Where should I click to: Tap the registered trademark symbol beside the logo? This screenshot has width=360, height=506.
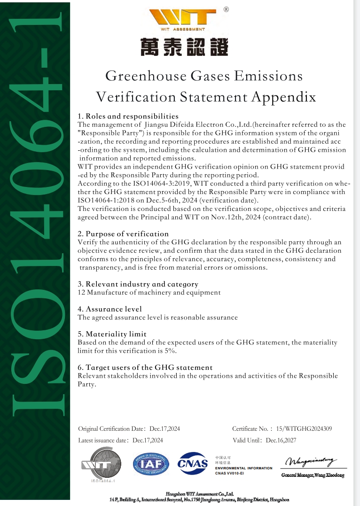(x=226, y=9)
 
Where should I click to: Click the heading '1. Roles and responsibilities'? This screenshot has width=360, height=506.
(x=128, y=116)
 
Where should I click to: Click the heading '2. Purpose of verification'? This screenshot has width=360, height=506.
(x=123, y=234)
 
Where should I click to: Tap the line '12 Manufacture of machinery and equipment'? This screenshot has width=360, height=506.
(x=149, y=292)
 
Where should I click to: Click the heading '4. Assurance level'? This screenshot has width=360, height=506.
(x=110, y=309)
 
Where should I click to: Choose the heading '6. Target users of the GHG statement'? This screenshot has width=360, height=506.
(x=145, y=367)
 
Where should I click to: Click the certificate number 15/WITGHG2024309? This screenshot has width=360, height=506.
(x=304, y=428)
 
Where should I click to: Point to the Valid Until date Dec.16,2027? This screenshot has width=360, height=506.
(x=281, y=440)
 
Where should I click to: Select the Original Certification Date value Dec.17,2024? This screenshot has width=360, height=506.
(x=164, y=428)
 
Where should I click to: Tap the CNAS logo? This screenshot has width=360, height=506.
(x=192, y=463)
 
